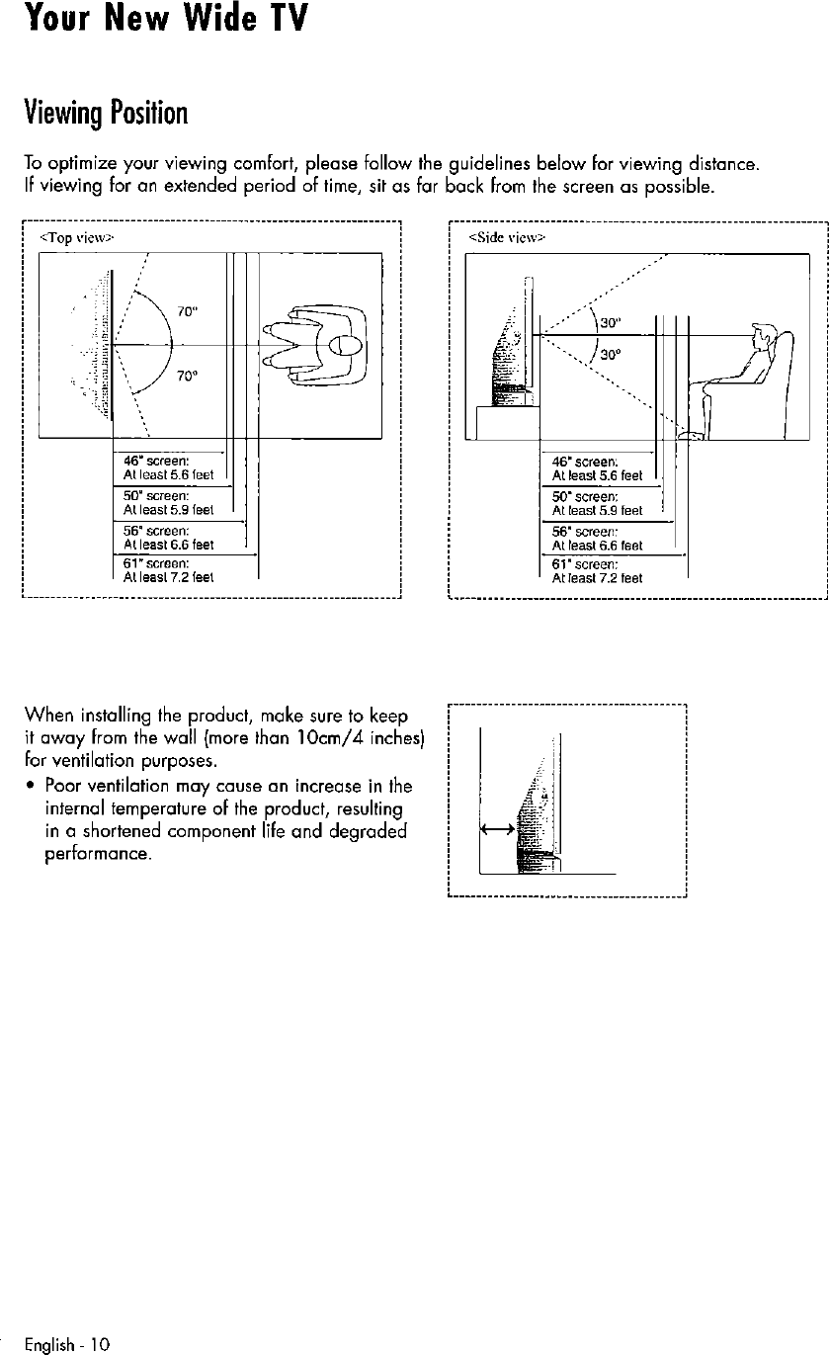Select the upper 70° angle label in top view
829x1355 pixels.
click(x=185, y=308)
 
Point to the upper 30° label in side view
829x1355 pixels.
click(x=611, y=321)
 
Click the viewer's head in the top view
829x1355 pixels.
click(x=345, y=345)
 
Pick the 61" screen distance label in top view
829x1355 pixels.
click(x=163, y=571)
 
